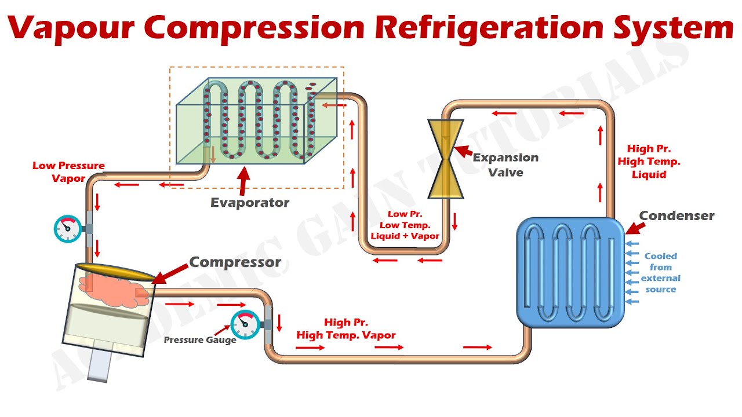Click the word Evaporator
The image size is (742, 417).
250,203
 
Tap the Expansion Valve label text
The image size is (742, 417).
505,164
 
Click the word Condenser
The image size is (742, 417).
676,216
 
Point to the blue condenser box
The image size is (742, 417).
570,272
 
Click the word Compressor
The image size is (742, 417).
235,262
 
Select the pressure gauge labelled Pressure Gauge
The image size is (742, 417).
245,324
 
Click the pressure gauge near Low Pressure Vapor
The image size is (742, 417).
67,228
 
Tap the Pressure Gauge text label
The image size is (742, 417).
199,340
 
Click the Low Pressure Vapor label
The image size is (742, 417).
68,172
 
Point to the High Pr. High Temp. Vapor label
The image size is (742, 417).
346,329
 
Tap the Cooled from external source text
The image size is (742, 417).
660,272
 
